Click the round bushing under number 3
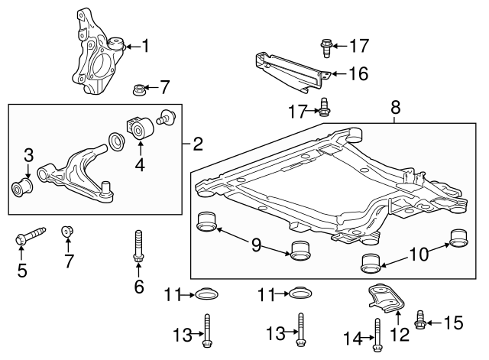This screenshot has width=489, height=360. pyautogui.click(x=23, y=186)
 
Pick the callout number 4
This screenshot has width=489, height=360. pyautogui.click(x=140, y=164)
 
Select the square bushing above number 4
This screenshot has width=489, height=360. pyautogui.click(x=139, y=128)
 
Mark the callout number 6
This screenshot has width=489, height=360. pyautogui.click(x=138, y=287)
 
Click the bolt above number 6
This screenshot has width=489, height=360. pyautogui.click(x=138, y=247)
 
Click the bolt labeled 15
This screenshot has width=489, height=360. pyautogui.click(x=420, y=321)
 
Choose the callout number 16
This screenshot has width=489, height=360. pyautogui.click(x=358, y=73)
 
